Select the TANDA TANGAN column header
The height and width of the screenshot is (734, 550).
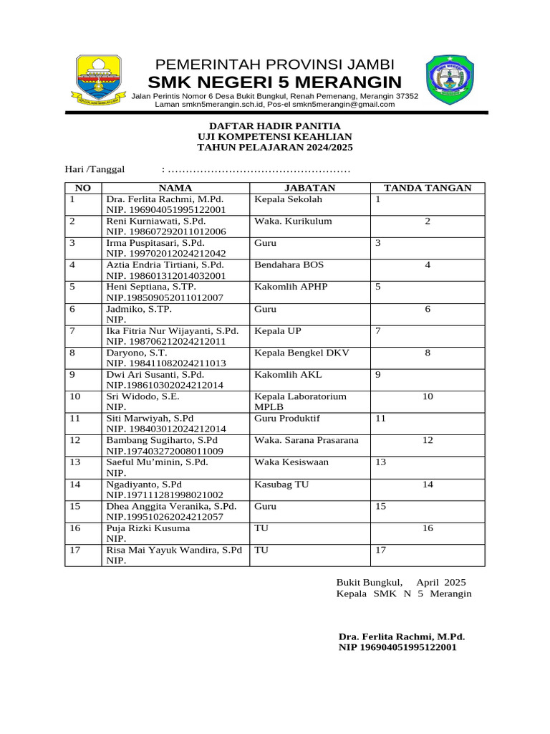click(x=428, y=188)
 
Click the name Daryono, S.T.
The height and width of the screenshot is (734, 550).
click(x=137, y=353)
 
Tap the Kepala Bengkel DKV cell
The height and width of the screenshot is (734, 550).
click(x=302, y=353)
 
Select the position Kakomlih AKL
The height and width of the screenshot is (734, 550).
click(x=288, y=374)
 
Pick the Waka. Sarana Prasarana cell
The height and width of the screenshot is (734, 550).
click(x=307, y=439)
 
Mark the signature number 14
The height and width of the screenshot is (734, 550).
click(x=428, y=484)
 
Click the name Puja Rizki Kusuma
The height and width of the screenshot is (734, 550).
click(x=148, y=528)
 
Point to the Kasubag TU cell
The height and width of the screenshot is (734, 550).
click(x=281, y=484)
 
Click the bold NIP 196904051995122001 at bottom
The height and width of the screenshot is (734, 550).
click(x=397, y=647)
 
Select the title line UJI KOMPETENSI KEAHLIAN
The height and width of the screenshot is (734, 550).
click(x=275, y=136)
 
